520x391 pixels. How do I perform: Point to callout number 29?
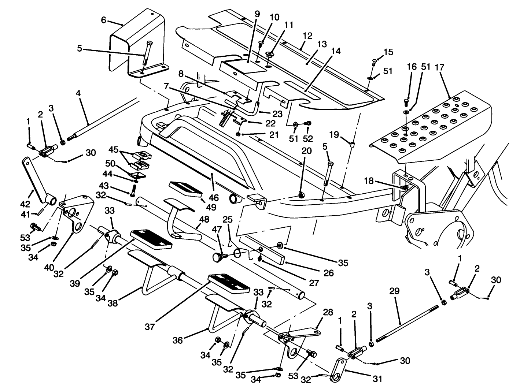coord(395,291)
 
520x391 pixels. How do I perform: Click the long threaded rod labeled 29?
coord(407,320)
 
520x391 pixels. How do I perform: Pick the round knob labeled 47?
coord(219,257)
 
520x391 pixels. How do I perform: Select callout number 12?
coord(307,36)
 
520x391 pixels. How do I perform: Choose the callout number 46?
coord(214,198)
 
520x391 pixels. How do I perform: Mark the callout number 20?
coord(306,150)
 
